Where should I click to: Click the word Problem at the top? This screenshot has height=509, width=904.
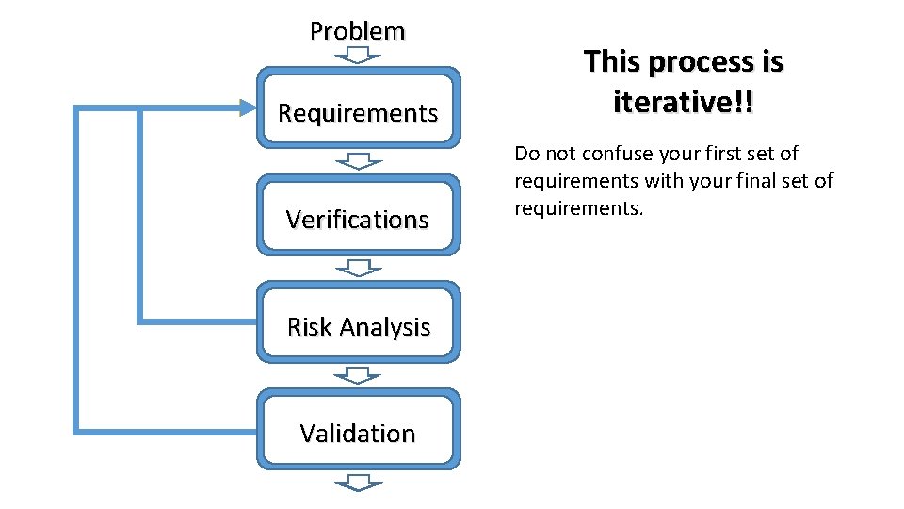pyautogui.click(x=357, y=31)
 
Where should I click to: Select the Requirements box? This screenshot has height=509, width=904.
pyautogui.click(x=358, y=107)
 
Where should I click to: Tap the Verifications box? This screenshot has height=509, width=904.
pyautogui.click(x=358, y=214)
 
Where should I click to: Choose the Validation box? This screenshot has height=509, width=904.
pyautogui.click(x=358, y=429)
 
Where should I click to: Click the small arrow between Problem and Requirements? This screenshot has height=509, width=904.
pyautogui.click(x=358, y=56)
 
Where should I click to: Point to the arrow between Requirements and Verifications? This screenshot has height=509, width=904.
pyautogui.click(x=358, y=161)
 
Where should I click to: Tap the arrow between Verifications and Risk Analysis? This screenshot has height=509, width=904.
pyautogui.click(x=358, y=268)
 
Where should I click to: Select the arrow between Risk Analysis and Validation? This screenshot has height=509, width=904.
pyautogui.click(x=358, y=375)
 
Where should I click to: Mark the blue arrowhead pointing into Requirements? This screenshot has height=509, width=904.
pyautogui.click(x=246, y=108)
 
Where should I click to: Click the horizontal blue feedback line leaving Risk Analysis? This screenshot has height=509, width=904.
pyautogui.click(x=198, y=320)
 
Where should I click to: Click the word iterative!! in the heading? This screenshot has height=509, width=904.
pyautogui.click(x=683, y=101)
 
